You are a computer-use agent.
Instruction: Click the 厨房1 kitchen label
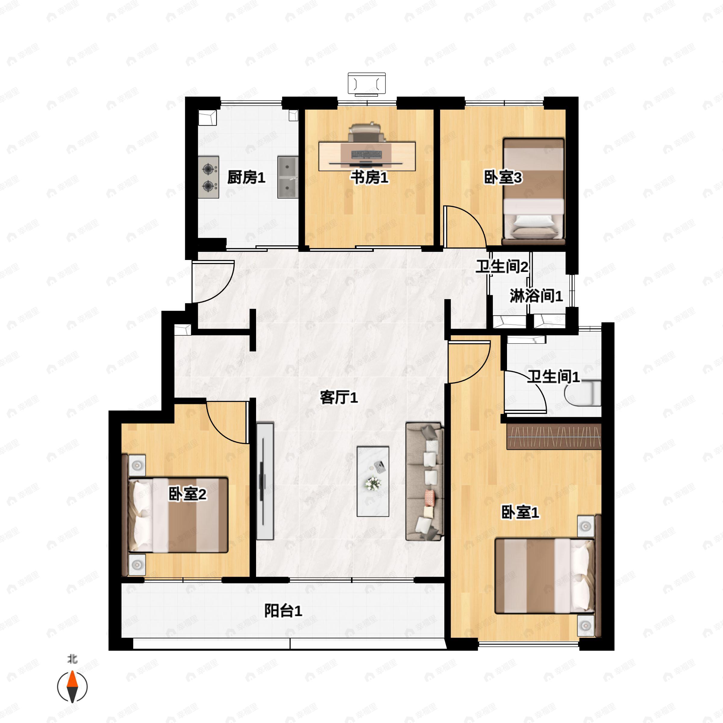(x=246, y=177)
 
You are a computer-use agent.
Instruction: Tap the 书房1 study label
(x=369, y=177)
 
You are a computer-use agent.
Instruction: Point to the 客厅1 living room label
(x=339, y=397)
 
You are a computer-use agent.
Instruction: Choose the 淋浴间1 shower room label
(x=536, y=296)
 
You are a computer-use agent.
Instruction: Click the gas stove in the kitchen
(x=208, y=177)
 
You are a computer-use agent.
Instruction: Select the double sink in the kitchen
(x=287, y=177)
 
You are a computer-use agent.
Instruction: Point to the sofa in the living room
(x=425, y=481)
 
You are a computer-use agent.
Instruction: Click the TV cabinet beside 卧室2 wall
(x=265, y=481)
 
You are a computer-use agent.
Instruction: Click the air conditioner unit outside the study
(x=366, y=83)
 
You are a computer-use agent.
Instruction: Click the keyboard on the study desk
(x=366, y=154)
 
